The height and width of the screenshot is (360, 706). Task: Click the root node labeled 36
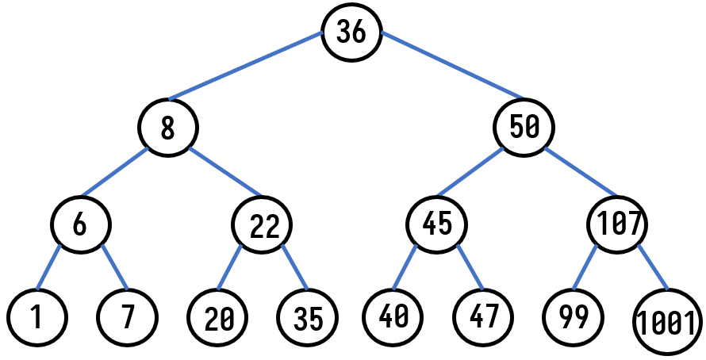pyautogui.click(x=351, y=32)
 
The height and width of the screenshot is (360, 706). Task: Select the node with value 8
pyautogui.click(x=167, y=127)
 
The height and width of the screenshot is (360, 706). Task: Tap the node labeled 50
pyautogui.click(x=524, y=127)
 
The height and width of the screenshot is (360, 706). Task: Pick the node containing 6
pyautogui.click(x=80, y=224)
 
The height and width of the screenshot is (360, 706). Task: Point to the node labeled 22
pyautogui.click(x=263, y=225)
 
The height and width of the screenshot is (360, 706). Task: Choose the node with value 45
pyautogui.click(x=437, y=224)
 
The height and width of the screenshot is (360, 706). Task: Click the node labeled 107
pyautogui.click(x=617, y=224)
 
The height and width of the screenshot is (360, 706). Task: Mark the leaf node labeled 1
pyautogui.click(x=36, y=317)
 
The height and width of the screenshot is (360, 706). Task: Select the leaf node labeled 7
pyautogui.click(x=127, y=317)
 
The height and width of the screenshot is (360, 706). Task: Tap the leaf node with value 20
pyautogui.click(x=218, y=318)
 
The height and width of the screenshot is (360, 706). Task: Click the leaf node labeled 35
pyautogui.click(x=308, y=318)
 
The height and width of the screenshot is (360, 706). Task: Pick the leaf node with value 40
pyautogui.click(x=393, y=316)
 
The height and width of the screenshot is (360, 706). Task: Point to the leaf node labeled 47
pyautogui.click(x=483, y=316)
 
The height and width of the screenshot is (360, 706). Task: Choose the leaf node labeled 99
pyautogui.click(x=573, y=316)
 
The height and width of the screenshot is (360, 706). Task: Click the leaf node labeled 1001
pyautogui.click(x=668, y=323)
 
